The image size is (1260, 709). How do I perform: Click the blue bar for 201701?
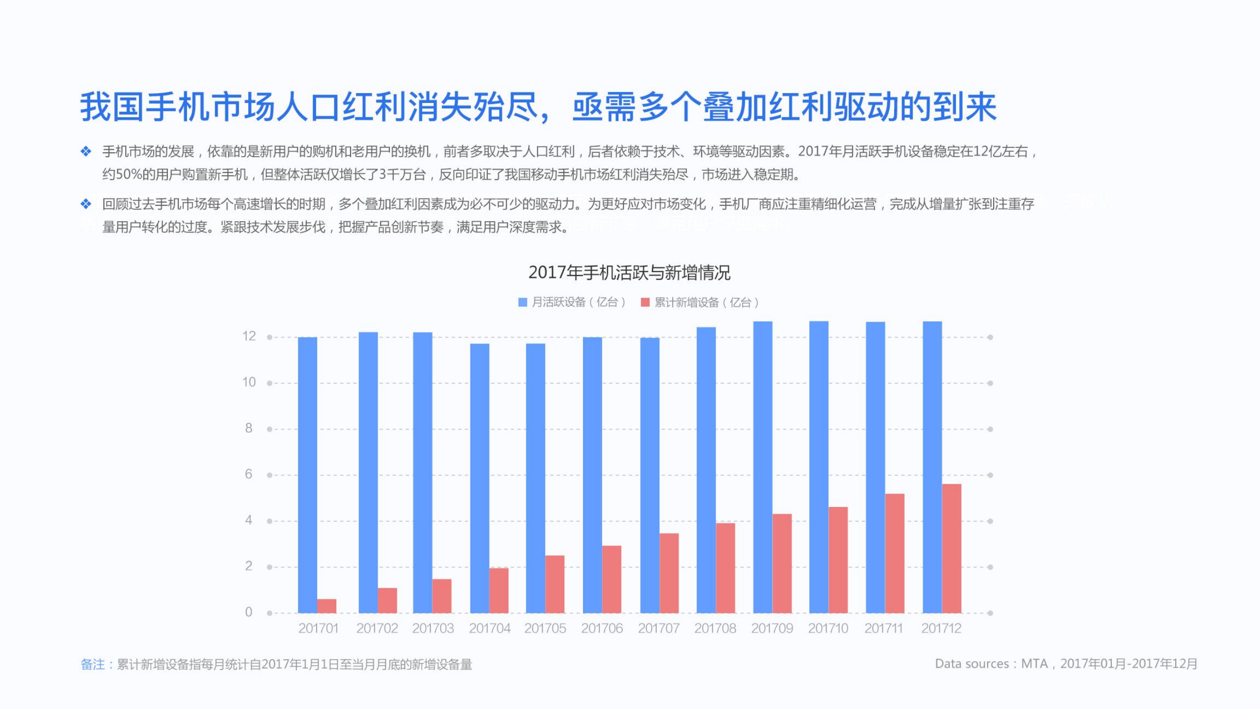coord(307,475)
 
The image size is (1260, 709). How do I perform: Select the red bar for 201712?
coord(951,548)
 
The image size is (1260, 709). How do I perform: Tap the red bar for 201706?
coord(612,579)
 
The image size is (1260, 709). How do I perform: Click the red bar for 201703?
coord(442,596)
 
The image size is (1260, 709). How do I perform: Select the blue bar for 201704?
coord(480,478)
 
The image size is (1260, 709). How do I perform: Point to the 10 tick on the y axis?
coord(249,382)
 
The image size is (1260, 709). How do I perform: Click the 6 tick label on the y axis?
coord(249,474)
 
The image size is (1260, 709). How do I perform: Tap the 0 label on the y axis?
coord(249,612)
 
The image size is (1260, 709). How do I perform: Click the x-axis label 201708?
coord(715,629)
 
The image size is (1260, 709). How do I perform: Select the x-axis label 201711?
coord(883,629)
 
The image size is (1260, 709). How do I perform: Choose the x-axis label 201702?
coord(377,629)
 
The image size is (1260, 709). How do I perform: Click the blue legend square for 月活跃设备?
coord(522,303)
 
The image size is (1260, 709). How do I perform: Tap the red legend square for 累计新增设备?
coord(645,303)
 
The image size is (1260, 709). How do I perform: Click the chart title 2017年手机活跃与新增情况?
coord(629,272)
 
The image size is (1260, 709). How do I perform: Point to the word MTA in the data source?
coord(1034,664)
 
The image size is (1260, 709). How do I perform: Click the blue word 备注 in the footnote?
coord(93,665)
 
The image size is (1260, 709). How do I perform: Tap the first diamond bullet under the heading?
coord(86,151)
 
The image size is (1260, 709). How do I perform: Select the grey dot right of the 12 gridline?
coord(990,338)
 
